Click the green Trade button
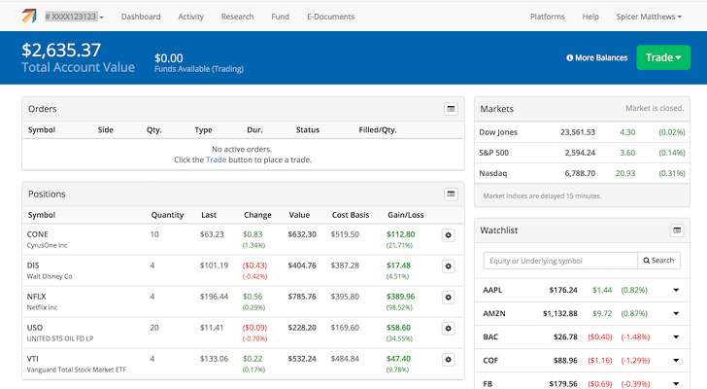coord(663,57)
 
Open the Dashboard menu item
coord(141,17)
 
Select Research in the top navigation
coord(237,17)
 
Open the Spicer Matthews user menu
coord(651,17)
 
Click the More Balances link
coord(597,57)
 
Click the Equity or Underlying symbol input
coord(560,261)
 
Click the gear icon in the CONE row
coord(448,235)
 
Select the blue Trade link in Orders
coord(216,159)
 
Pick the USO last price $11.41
coord(212,329)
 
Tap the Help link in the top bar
coord(589,17)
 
